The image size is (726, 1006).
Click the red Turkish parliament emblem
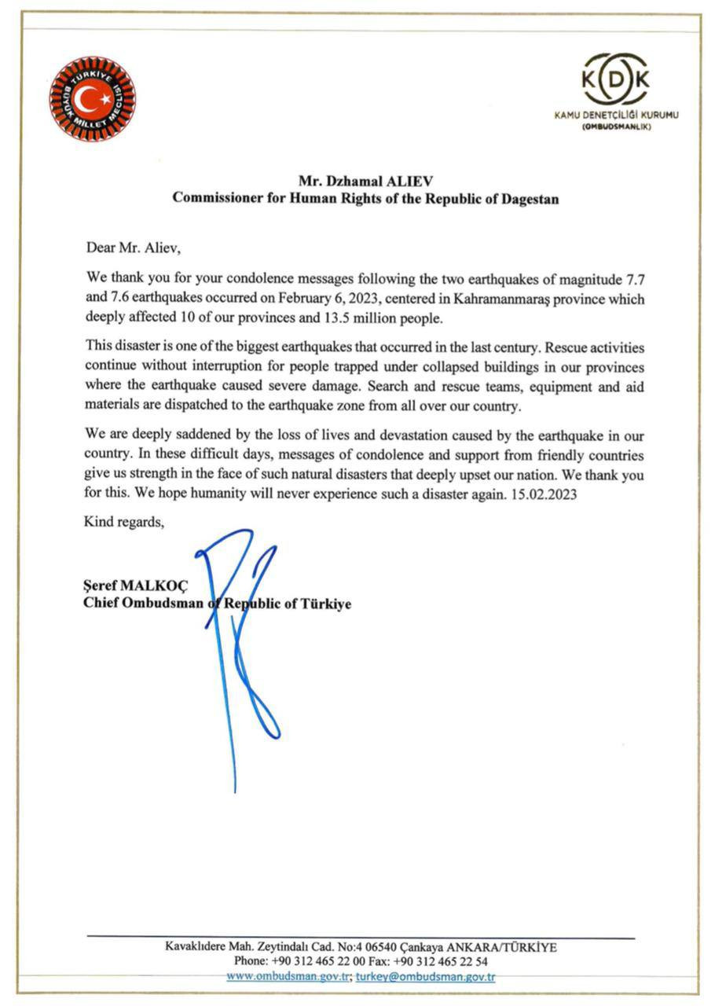pos(93,98)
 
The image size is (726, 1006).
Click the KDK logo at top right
pos(615,79)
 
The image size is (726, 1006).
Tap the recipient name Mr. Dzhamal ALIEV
pos(365,181)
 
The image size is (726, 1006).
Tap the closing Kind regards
pos(124,523)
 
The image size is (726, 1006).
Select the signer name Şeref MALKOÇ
pos(131,586)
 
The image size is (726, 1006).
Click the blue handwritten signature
pos(240,644)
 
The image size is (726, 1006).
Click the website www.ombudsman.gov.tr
pos(288,977)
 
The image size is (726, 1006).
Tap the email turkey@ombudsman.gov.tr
pos(425,977)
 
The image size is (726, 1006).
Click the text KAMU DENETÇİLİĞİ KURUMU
pos(616,115)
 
